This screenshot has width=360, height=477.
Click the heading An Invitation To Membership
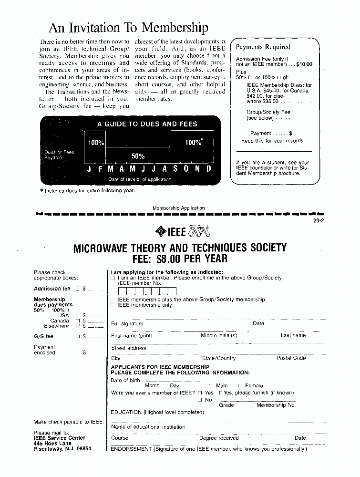(128, 27)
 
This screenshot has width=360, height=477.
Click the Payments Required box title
(263, 47)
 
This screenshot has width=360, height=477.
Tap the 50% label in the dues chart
(138, 156)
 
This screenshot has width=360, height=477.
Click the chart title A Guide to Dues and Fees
(147, 124)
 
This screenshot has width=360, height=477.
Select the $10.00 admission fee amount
(304, 64)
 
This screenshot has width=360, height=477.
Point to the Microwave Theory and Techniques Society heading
(180, 248)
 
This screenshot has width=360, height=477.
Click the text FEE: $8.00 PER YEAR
(180, 259)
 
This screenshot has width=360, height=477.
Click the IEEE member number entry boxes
(147, 291)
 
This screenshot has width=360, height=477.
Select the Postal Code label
(291, 358)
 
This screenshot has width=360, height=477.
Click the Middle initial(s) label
(218, 335)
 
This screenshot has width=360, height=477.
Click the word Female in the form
(254, 385)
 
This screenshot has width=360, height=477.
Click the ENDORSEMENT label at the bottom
(131, 449)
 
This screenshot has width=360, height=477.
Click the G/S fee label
(43, 336)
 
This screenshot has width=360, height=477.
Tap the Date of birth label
(125, 380)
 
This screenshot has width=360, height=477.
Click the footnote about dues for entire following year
(87, 191)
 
